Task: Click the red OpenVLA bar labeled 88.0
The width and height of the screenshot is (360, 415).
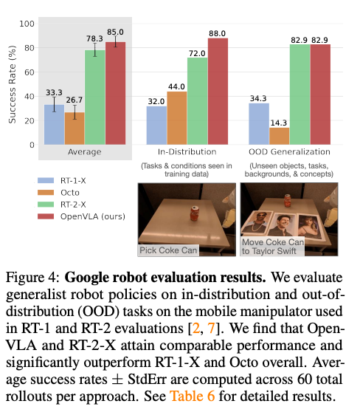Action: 218,92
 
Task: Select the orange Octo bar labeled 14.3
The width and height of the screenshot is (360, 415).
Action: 280,136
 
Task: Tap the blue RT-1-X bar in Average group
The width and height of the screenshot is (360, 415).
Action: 54,124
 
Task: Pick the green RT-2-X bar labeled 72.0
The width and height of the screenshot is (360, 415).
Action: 198,101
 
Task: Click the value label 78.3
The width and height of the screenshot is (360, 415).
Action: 94,38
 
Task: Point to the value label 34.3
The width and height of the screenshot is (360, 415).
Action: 258,98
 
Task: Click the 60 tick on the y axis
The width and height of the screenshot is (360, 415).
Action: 30,72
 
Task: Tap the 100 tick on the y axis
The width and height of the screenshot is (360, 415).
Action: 27,24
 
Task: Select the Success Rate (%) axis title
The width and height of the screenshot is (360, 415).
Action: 12,85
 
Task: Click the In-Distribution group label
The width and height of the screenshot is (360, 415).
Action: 187,151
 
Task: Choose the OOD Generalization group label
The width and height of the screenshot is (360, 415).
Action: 289,151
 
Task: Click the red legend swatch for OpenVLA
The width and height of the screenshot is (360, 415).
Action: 46,216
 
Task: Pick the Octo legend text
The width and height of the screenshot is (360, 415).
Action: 70,193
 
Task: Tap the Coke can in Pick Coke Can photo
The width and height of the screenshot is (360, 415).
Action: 194,213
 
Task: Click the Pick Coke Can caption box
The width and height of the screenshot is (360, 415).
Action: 168,250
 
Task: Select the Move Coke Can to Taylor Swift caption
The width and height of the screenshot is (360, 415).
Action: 272,247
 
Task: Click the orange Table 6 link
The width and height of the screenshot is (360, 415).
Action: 192,396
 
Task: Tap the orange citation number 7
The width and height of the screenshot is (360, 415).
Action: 211,328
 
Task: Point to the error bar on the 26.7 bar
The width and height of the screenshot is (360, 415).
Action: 75,112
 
